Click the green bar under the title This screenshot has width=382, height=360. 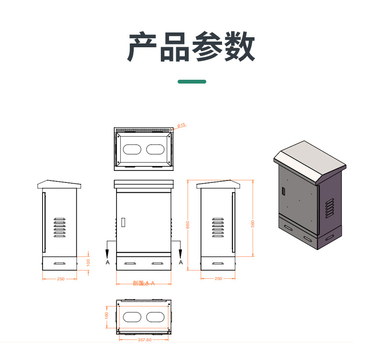click(x=192, y=82)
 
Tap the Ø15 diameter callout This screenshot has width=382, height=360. click(x=181, y=125)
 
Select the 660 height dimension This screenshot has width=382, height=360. click(x=188, y=224)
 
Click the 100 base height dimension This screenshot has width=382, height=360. click(x=88, y=263)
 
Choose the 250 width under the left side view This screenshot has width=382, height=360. click(x=61, y=279)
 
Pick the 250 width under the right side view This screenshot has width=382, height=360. click(x=218, y=278)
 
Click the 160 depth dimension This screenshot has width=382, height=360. click(x=107, y=316)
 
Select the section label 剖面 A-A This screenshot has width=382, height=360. click(x=144, y=284)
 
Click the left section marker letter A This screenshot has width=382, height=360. click(x=107, y=263)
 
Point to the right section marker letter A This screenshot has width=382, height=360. click(x=180, y=263)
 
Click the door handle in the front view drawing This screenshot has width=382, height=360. click(x=123, y=222)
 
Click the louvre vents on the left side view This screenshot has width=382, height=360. click(x=59, y=227)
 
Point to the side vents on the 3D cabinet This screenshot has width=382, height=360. click(x=329, y=209)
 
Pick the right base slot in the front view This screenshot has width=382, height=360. click(x=157, y=264)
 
